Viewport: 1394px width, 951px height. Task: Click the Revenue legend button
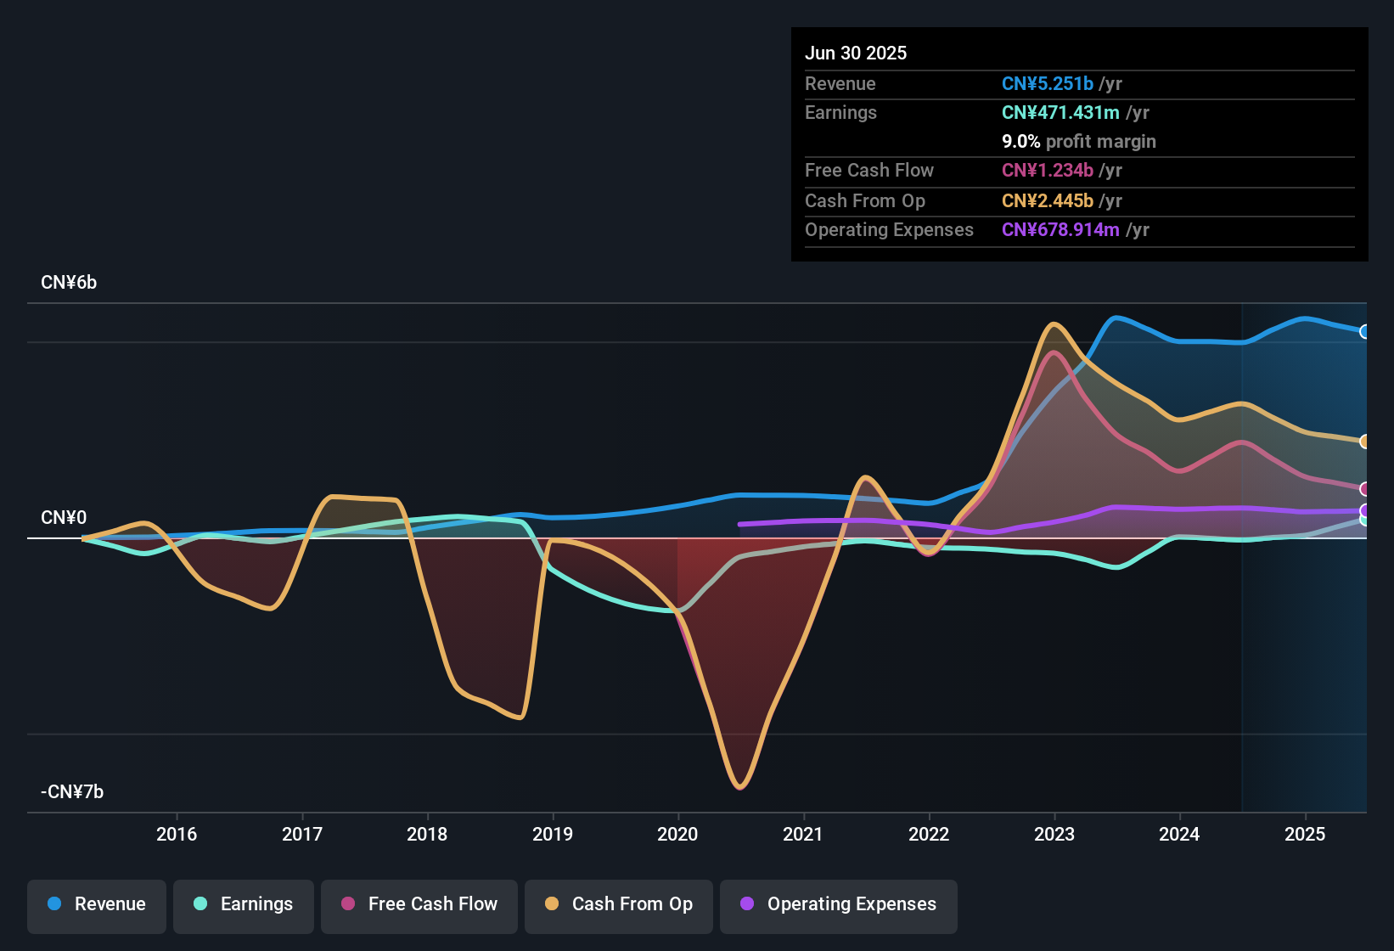97,904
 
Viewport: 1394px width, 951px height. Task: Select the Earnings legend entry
244,904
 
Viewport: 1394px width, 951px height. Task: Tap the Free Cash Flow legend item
419,904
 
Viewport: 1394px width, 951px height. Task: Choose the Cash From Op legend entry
619,904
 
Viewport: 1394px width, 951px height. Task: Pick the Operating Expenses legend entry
839,904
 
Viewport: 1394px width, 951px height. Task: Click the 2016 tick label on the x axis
177,834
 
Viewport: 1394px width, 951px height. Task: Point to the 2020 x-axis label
677,834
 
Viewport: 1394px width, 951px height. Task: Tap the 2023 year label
1054,834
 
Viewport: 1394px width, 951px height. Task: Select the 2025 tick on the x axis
1304,834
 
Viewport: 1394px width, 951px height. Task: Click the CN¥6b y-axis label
69,283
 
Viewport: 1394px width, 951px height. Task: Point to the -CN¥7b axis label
72,792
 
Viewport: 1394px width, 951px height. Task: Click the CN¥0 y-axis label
64,518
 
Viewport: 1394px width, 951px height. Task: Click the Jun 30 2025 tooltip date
856,53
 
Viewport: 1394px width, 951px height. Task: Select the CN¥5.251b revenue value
1047,83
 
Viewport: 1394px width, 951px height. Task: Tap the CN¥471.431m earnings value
1060,112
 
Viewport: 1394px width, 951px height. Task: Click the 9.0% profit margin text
1078,141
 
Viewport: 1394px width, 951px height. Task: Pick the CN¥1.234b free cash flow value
1047,170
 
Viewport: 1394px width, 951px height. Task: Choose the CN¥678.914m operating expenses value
1060,229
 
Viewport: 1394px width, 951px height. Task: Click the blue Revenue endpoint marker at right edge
1364,331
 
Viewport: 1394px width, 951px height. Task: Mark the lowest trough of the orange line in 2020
739,786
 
